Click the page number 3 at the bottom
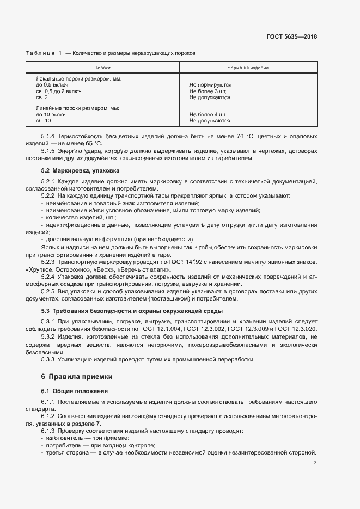coord(315,463)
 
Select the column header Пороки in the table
coord(102,68)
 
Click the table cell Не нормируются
coord(210,85)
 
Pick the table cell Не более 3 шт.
coord(208,91)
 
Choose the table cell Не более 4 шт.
coord(208,114)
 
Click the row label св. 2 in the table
coord(42,97)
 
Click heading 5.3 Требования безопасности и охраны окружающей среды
coord(131,311)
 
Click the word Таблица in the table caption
coord(40,53)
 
